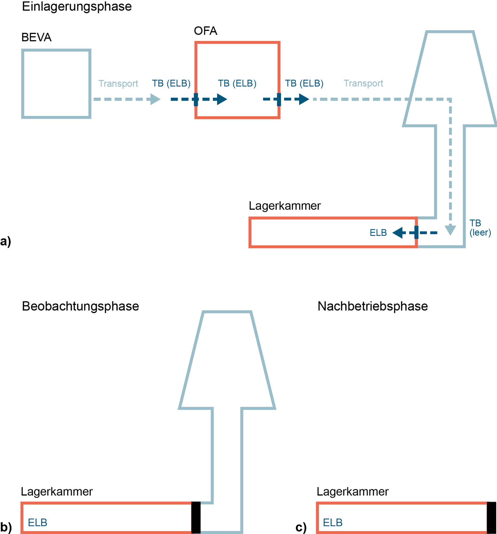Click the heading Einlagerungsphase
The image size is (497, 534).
tap(77, 6)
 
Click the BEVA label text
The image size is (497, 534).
tap(36, 37)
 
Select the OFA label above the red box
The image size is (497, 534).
tap(206, 31)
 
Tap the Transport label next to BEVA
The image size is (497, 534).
tap(118, 84)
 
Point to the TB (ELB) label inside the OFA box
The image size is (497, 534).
tap(237, 83)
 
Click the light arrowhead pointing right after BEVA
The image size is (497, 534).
tap(155, 99)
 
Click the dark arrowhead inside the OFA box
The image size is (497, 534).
tap(222, 99)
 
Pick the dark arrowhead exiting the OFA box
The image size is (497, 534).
tap(304, 99)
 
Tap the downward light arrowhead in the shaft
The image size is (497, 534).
tap(450, 230)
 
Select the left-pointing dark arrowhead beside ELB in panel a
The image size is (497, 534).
tap(398, 233)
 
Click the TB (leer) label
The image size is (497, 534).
tap(480, 228)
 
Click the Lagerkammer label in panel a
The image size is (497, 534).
tap(285, 206)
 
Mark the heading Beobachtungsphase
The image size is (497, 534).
tap(80, 306)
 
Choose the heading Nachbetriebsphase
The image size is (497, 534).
tap(372, 306)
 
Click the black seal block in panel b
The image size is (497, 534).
tap(196, 517)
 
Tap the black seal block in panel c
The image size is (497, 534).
tap(491, 517)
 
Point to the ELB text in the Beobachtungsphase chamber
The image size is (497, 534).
tap(38, 522)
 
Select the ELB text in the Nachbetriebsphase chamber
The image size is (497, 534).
tap(333, 522)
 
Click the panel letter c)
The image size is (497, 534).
tap(301, 527)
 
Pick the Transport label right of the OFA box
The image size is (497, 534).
tap(363, 83)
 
